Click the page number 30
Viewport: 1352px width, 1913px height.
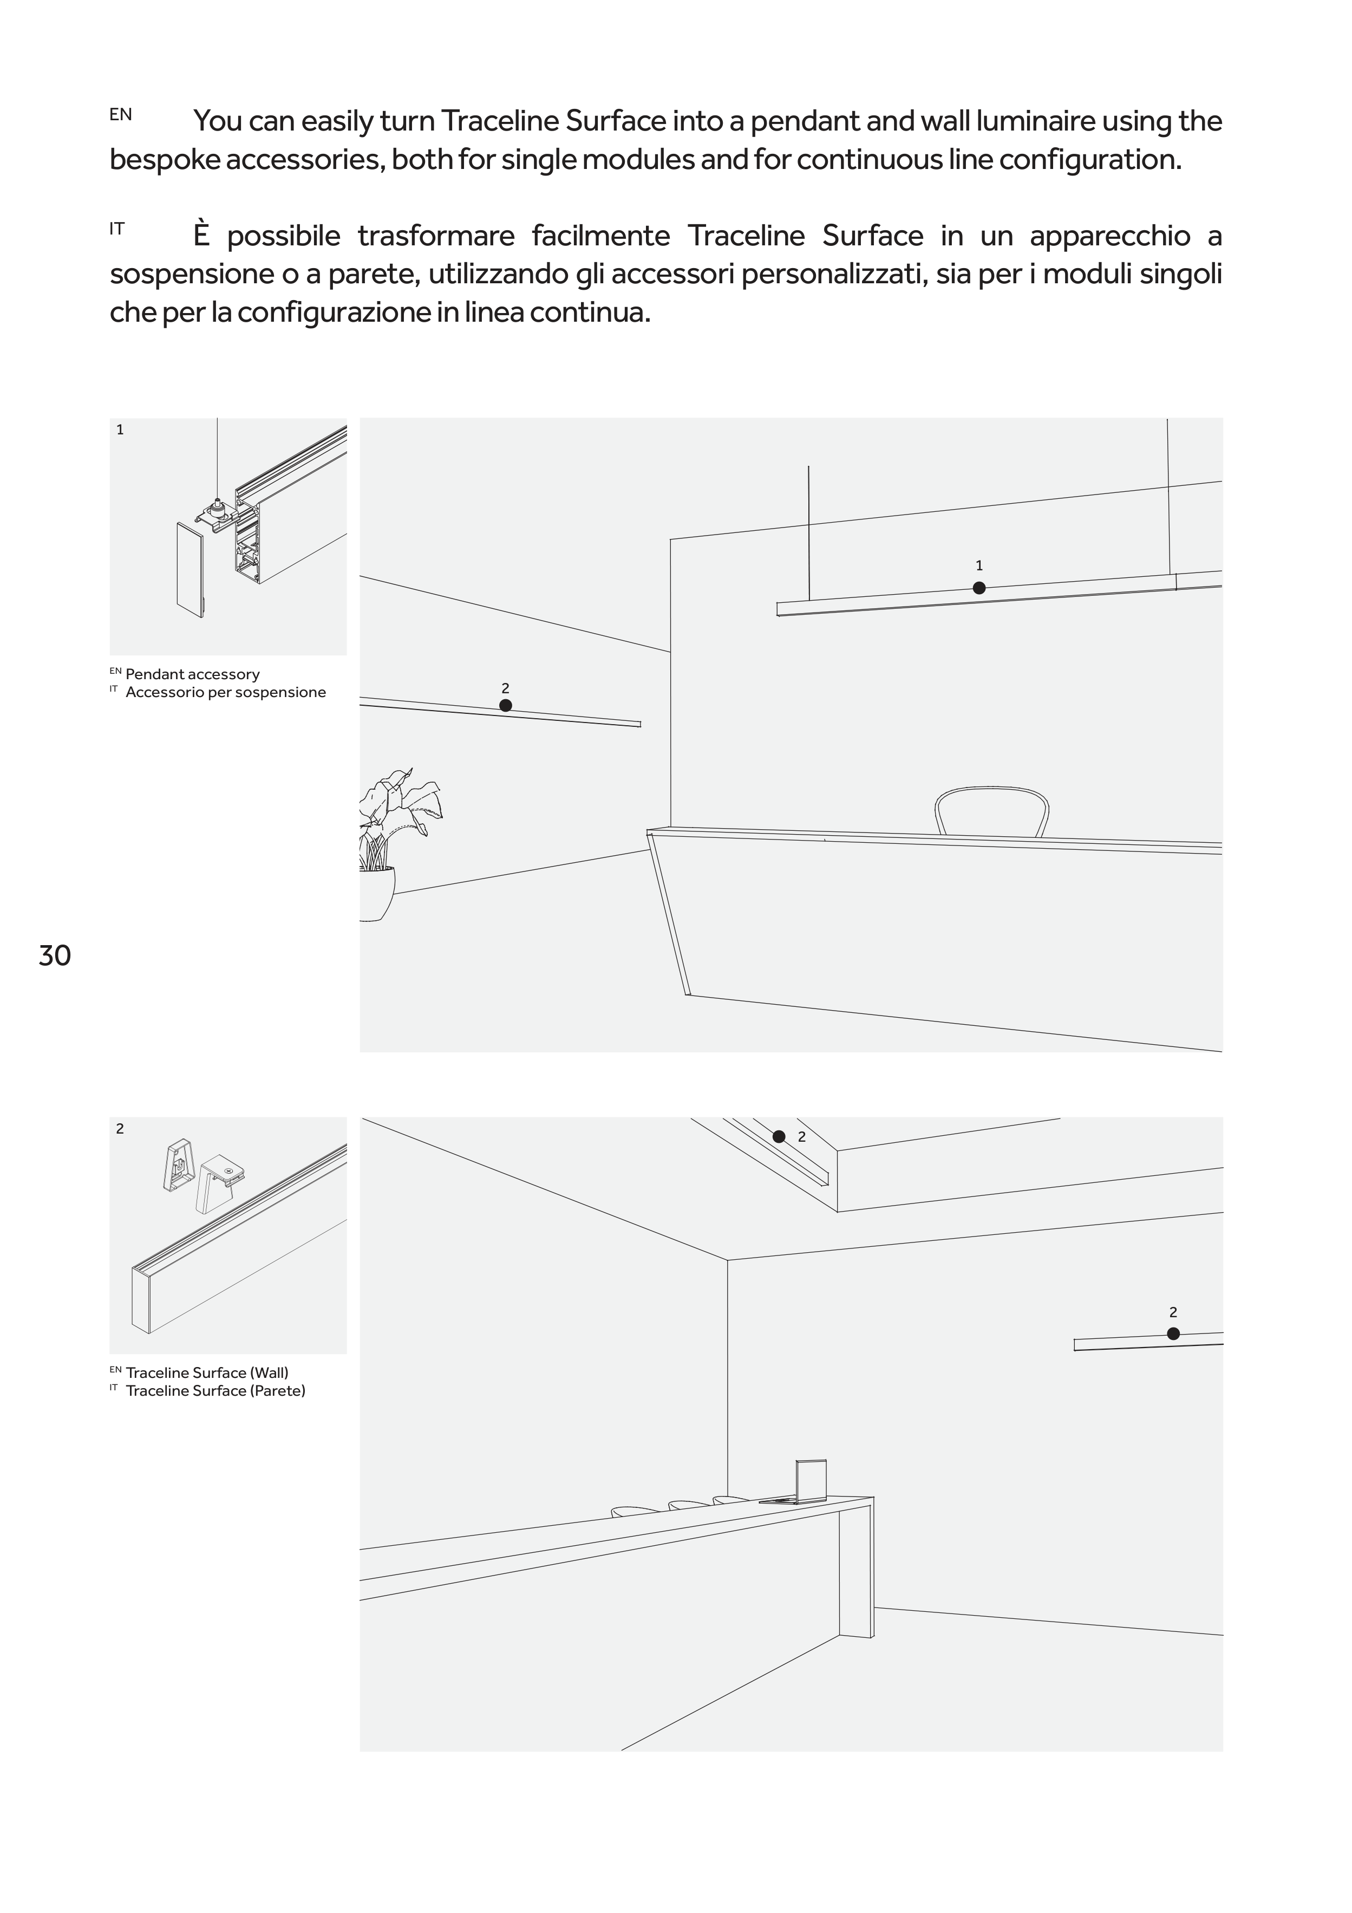pyautogui.click(x=55, y=955)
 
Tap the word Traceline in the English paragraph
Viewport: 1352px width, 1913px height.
pyautogui.click(x=499, y=122)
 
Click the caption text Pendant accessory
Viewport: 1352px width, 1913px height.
pyautogui.click(x=192, y=674)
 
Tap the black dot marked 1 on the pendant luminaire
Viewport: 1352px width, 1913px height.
pyautogui.click(x=979, y=588)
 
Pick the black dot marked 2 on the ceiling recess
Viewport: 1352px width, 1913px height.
pyautogui.click(x=779, y=1136)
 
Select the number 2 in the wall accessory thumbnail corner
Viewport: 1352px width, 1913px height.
pyautogui.click(x=120, y=1129)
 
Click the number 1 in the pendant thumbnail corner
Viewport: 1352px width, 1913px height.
pyautogui.click(x=120, y=430)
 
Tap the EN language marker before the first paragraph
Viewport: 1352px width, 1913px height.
pyautogui.click(x=120, y=115)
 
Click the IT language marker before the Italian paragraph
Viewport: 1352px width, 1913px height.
pyautogui.click(x=116, y=229)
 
